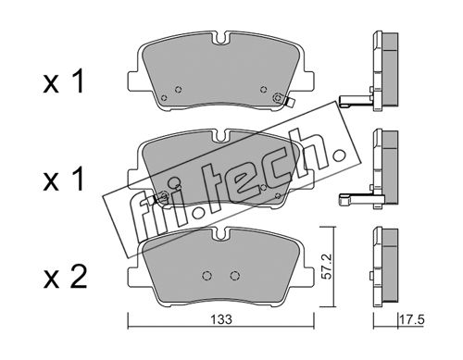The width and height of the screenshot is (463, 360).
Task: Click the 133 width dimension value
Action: click(x=221, y=319)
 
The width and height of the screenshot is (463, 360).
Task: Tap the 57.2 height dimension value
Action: click(x=326, y=267)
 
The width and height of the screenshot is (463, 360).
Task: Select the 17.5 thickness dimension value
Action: click(x=412, y=319)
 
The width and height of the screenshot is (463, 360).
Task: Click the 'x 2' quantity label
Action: click(x=65, y=277)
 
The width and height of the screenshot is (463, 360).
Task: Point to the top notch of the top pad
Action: click(x=220, y=39)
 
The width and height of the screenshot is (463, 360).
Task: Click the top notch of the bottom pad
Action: click(x=220, y=233)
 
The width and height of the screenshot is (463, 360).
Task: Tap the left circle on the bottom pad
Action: click(x=206, y=275)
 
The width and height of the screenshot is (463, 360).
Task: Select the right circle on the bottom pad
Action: click(x=235, y=275)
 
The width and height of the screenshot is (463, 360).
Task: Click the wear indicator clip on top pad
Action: click(x=290, y=103)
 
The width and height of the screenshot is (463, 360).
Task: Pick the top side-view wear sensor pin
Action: click(x=355, y=101)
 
